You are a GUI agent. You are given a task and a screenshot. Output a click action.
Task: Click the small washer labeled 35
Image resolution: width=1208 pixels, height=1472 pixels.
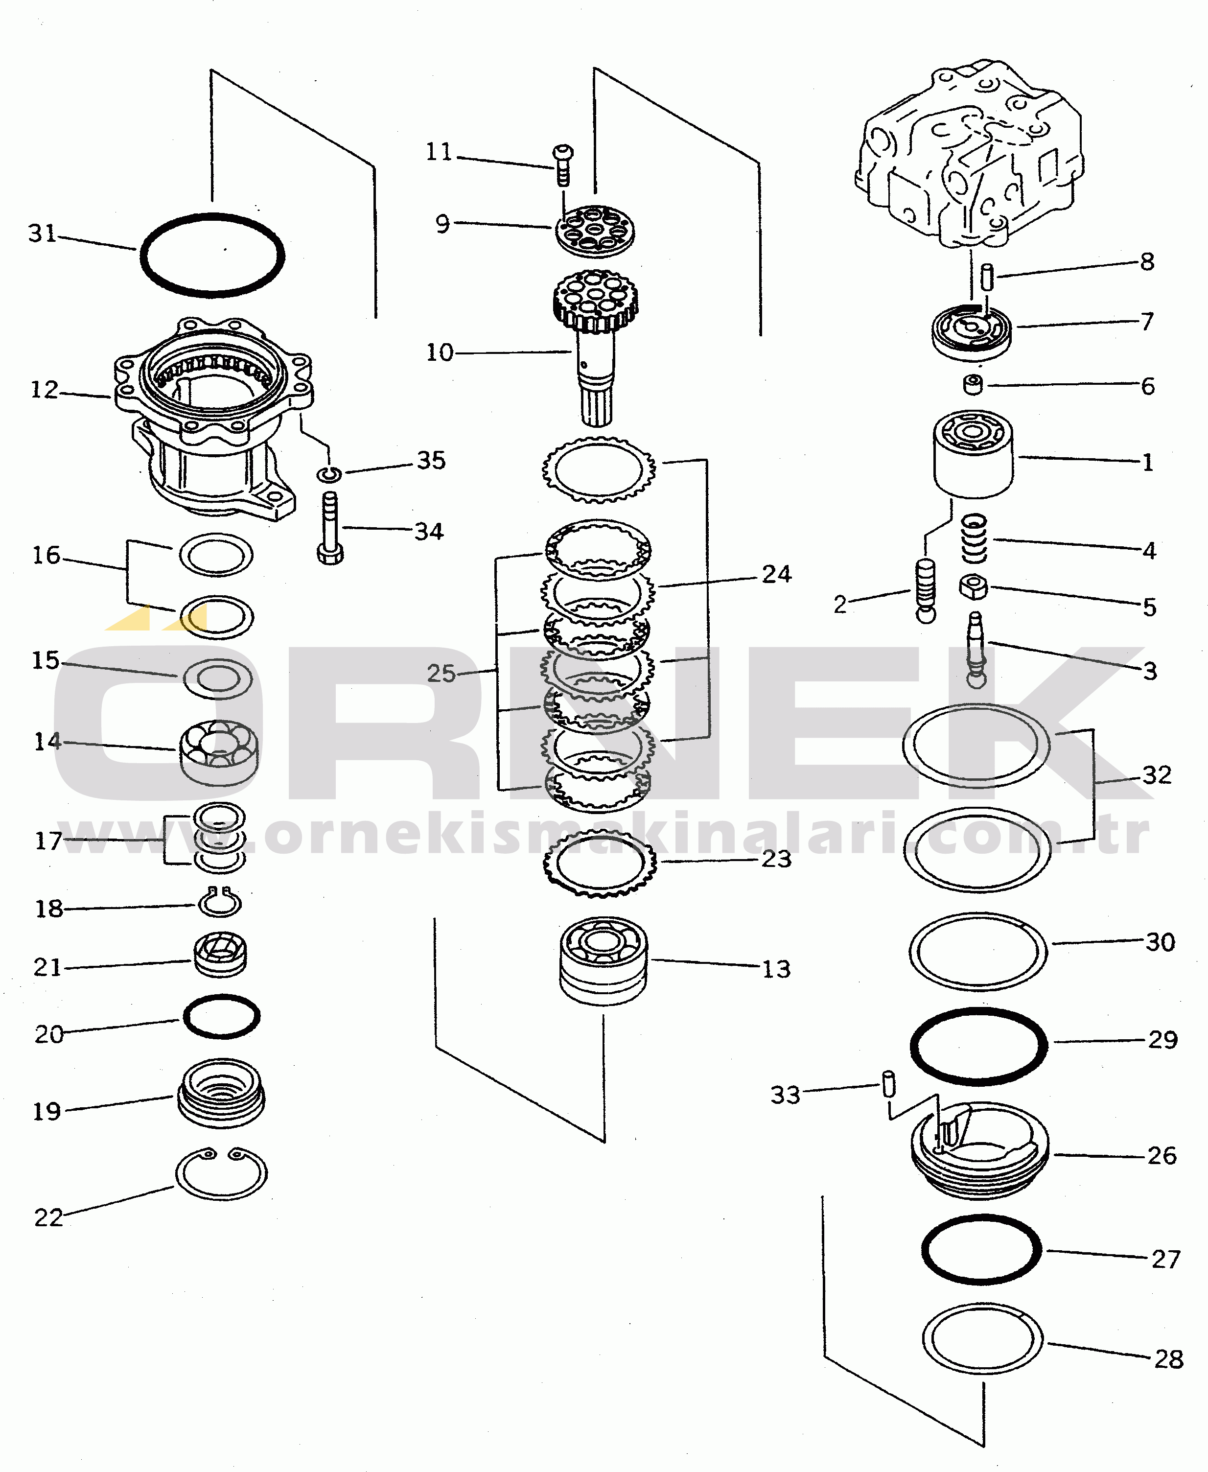(x=329, y=474)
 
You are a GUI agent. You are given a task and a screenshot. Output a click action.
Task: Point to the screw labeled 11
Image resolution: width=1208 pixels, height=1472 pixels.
(x=563, y=165)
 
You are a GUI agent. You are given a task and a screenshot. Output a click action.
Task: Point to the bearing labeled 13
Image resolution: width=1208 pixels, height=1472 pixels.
(x=604, y=961)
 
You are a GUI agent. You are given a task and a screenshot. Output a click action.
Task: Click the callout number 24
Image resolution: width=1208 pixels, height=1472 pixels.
(x=777, y=574)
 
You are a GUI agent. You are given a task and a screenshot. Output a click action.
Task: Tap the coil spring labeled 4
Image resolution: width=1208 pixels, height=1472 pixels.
(x=974, y=538)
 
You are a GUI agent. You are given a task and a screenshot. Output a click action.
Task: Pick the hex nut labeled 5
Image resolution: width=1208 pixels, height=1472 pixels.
(x=974, y=587)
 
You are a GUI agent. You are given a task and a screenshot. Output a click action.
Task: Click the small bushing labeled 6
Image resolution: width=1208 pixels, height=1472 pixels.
(x=973, y=385)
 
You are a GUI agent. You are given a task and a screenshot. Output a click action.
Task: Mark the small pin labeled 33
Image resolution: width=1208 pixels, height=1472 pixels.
(x=888, y=1084)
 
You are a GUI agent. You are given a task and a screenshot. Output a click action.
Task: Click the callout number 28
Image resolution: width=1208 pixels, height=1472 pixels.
(x=1169, y=1358)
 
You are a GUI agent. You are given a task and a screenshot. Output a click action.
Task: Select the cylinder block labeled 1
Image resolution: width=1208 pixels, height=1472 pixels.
(x=974, y=454)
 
